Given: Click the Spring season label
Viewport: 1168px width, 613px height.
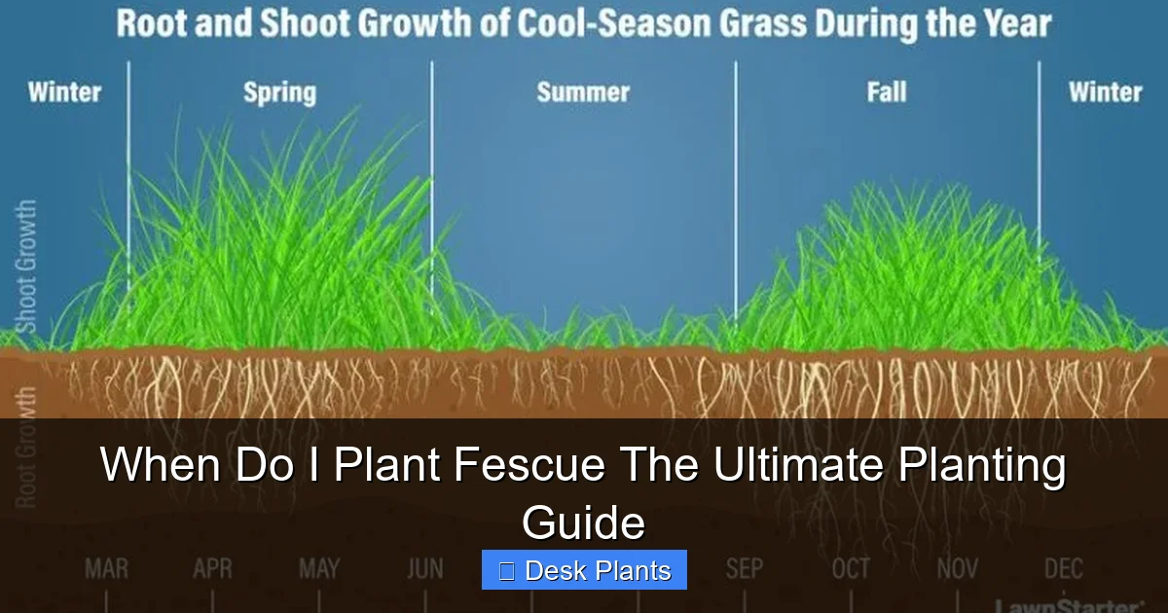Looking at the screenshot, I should pos(279,93).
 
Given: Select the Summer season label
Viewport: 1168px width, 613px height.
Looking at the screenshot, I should pos(583,93).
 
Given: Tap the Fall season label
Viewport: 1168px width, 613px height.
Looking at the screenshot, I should pos(886,93).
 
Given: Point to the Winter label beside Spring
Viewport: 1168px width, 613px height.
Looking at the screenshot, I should pos(64,93).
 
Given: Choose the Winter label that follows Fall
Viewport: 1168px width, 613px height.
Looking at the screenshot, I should pos(1105,93).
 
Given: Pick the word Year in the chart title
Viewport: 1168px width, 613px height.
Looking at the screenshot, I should pos(1013,24).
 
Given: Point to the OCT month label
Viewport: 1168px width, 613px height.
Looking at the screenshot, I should pos(851,568).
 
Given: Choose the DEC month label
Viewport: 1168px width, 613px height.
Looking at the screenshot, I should pos(1063,568).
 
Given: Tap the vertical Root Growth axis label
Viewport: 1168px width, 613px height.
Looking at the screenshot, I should pos(26,448).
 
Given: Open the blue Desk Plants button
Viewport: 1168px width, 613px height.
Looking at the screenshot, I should pos(584,570).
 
